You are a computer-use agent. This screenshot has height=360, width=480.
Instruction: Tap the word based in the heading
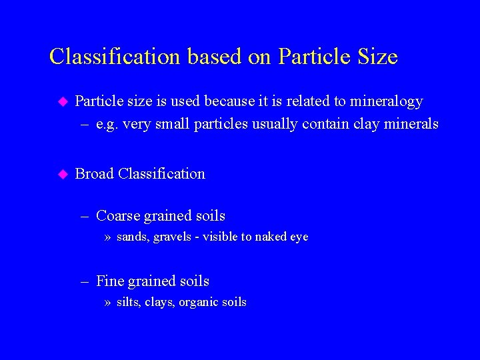pyautogui.click(x=215, y=57)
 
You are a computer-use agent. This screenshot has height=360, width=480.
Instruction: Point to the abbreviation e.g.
pyautogui.click(x=108, y=124)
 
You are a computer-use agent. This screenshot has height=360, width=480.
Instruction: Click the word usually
pyautogui.click(x=275, y=124)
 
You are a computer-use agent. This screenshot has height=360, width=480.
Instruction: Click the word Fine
pyautogui.click(x=109, y=281)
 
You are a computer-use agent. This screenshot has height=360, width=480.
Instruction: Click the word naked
pyautogui.click(x=267, y=237)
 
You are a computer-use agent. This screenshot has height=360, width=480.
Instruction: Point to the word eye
pyautogui.click(x=298, y=237)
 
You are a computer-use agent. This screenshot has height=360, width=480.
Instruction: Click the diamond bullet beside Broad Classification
pyautogui.click(x=63, y=174)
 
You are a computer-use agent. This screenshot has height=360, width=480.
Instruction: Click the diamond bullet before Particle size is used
pyautogui.click(x=63, y=101)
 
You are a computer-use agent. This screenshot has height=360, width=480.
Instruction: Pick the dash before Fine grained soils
pyautogui.click(x=85, y=282)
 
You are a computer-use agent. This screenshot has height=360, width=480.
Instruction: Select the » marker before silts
pyautogui.click(x=108, y=303)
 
